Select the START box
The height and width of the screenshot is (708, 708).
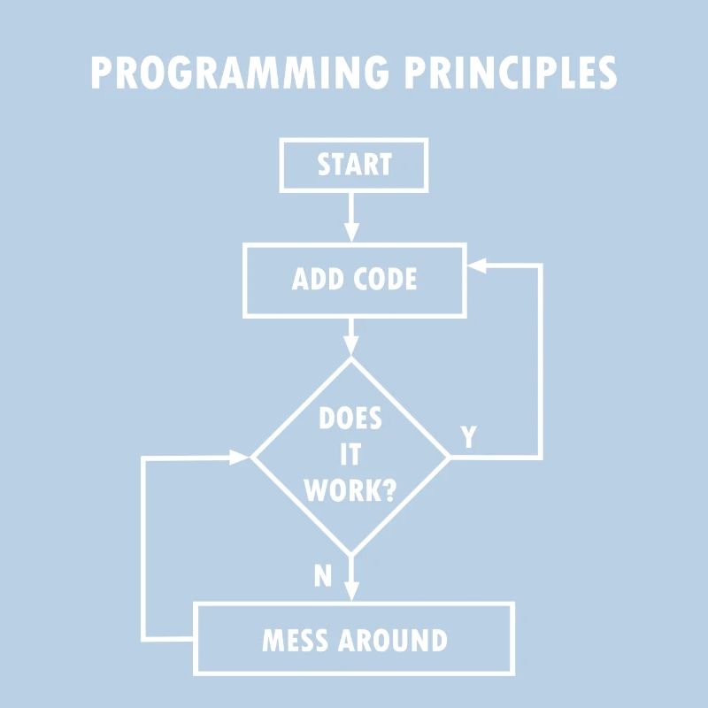[x=354, y=165]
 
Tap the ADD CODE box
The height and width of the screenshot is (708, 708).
[x=354, y=280]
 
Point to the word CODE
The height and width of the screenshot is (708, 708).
[x=385, y=280]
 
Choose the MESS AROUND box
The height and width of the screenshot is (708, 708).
[x=354, y=639]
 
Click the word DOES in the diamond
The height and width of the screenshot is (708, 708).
[x=350, y=419]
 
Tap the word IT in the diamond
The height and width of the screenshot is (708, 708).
[x=350, y=455]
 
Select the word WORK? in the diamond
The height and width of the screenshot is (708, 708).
[x=350, y=490]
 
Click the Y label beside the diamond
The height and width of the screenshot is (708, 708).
[x=469, y=436]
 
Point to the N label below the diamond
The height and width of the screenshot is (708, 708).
[x=323, y=576]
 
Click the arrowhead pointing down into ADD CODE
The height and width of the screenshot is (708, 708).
[x=351, y=235]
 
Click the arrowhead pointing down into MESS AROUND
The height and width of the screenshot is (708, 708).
[x=351, y=593]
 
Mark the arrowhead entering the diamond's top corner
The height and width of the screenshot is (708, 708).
[x=351, y=348]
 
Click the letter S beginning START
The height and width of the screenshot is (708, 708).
[x=325, y=165]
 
